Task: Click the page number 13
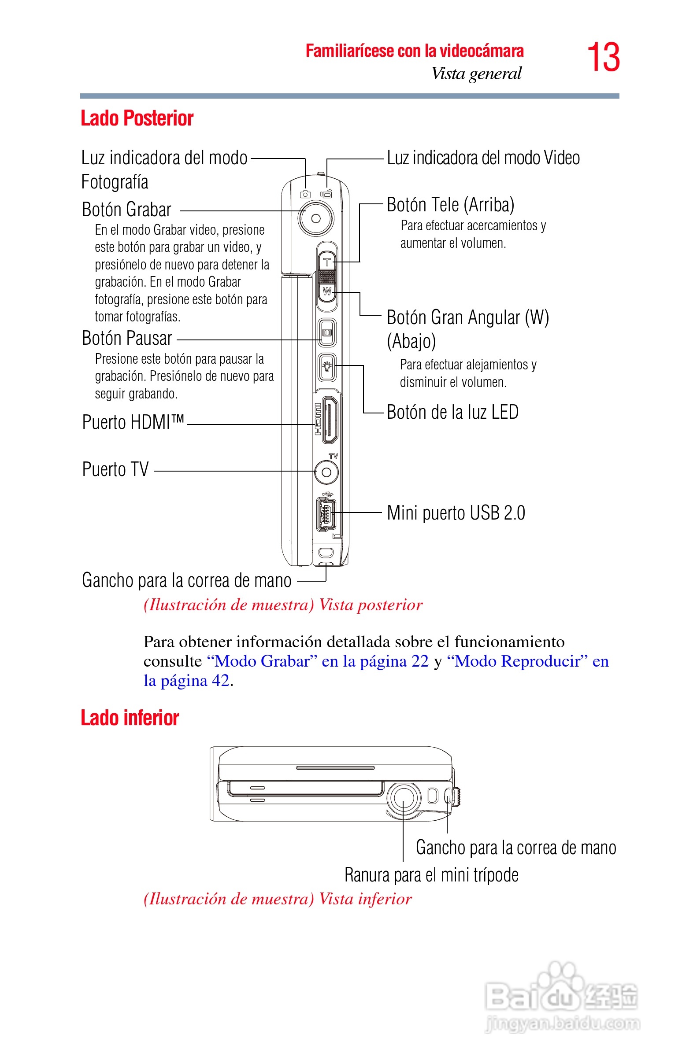point(603,57)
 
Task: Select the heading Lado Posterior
point(137,118)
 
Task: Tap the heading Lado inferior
point(130,718)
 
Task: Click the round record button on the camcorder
point(316,218)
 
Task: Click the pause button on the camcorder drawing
point(327,332)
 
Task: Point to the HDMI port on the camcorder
point(330,420)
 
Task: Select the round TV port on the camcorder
point(326,472)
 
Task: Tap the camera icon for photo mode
point(305,194)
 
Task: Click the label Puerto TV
point(115,469)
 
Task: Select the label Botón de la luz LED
point(452,413)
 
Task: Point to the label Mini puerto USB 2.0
point(456,513)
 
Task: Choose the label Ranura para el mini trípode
point(431,875)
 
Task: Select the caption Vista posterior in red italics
point(371,605)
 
